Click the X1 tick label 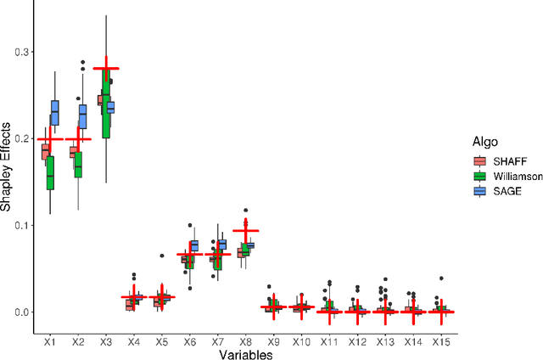[x=50, y=340]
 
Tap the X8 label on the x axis [x=245, y=340]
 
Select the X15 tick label [x=439, y=340]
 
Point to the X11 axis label [x=328, y=340]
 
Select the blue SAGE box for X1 [x=55, y=113]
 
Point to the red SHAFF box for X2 [x=74, y=153]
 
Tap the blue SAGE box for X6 [x=194, y=245]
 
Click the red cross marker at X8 [x=245, y=230]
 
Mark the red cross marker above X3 [x=105, y=68]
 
